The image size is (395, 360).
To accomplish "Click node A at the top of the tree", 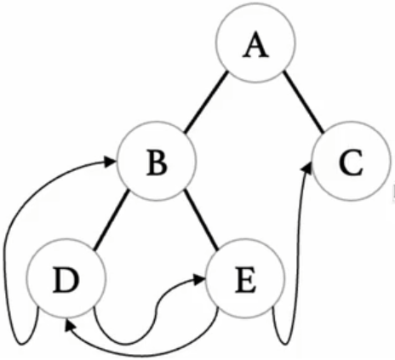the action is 255,43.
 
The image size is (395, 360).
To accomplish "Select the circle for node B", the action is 157,161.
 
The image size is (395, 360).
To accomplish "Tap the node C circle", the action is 351,161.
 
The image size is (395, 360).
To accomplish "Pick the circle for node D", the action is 66,278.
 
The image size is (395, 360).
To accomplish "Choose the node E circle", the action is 245,278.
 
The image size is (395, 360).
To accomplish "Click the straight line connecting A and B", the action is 206,102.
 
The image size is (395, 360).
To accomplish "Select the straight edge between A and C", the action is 304,102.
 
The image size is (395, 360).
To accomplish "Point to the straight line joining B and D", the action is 112,220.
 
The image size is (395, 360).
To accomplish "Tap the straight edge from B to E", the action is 201,220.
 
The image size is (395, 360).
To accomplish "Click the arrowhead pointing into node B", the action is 110,162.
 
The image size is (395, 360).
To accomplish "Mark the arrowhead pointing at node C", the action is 307,168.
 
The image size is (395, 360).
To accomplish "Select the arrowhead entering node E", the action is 198,280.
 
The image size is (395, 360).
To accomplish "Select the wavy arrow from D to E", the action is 156,312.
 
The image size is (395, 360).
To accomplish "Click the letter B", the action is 157,163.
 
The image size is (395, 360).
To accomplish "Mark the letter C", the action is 351,163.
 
